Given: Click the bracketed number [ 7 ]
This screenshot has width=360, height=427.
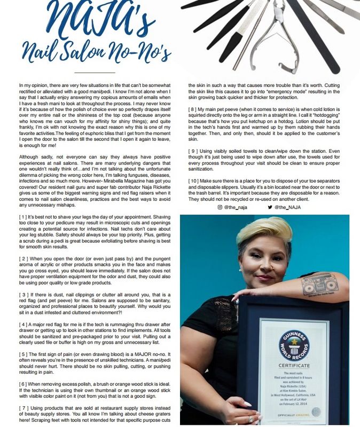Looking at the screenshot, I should pyautogui.click(x=24, y=407).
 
